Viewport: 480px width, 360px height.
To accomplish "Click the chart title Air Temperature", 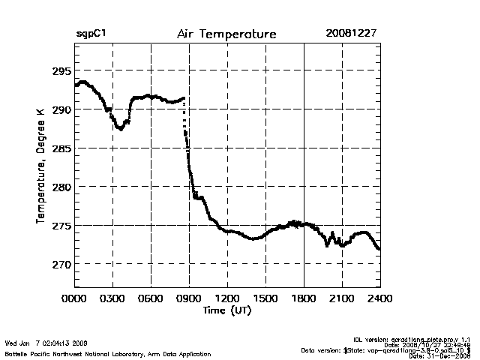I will coord(226,34).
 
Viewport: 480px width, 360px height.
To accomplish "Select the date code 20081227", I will coord(351,34).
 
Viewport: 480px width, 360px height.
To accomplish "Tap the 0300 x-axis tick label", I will coord(112,298).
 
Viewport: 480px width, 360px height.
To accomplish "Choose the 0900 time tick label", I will coord(189,298).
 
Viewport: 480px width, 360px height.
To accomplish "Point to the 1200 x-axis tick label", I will coord(227,298).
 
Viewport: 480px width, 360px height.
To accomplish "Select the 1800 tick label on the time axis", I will coord(304,298).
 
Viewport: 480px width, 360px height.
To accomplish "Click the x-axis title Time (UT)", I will coord(226,310).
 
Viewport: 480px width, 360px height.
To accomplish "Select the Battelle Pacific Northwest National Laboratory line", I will coord(107,353).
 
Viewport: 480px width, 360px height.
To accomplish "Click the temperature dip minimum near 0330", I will coord(119,129).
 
